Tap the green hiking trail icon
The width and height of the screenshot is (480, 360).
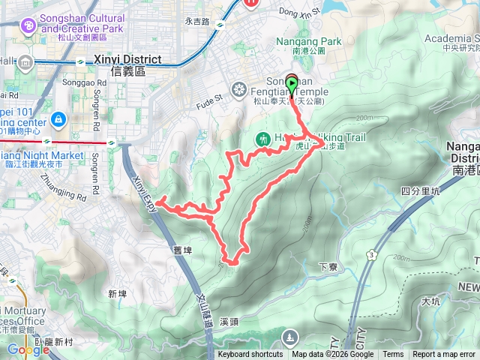pyautogui.click(x=262, y=139)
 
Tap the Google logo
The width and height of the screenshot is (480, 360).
pyautogui.click(x=28, y=349)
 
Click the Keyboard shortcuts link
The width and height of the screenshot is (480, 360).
pyautogui.click(x=250, y=355)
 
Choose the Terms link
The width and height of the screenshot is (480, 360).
pyautogui.click(x=393, y=355)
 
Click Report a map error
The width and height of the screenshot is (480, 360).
pyautogui.click(x=444, y=355)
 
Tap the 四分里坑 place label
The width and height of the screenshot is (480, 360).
pyautogui.click(x=418, y=190)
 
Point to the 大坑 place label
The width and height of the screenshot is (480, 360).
pyautogui.click(x=430, y=301)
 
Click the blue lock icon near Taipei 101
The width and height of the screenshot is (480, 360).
pyautogui.click(x=58, y=118)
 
